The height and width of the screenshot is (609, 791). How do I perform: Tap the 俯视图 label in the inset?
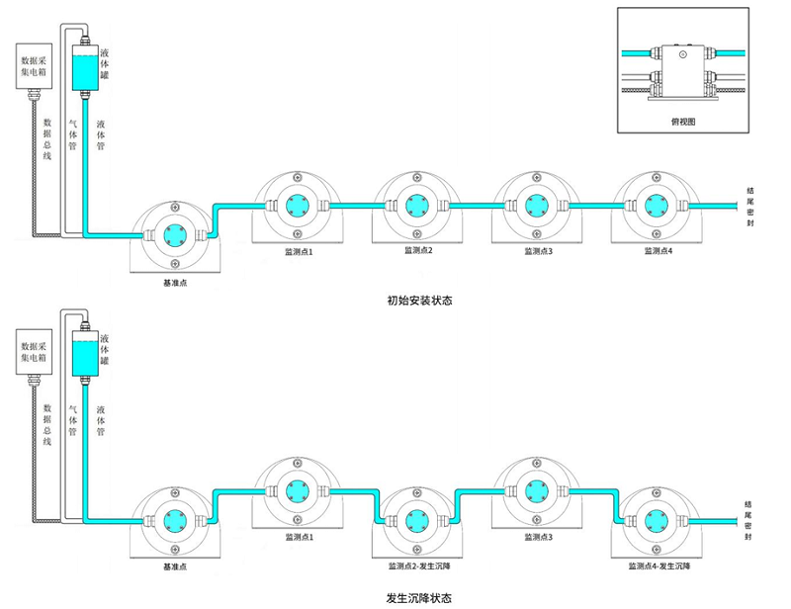coord(682,121)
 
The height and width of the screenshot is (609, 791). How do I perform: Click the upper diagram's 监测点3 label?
coord(537,251)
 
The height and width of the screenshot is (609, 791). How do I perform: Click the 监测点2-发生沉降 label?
coord(416,567)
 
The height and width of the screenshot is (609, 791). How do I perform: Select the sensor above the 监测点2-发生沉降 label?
coord(416,519)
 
